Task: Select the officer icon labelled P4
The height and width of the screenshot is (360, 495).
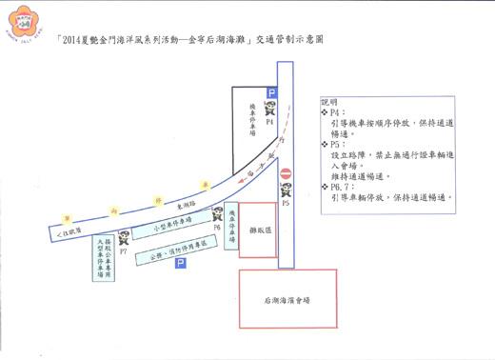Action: [x=270, y=110]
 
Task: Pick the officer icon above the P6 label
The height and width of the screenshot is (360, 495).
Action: [x=218, y=215]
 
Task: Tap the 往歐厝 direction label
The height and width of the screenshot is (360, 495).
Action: [x=64, y=232]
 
